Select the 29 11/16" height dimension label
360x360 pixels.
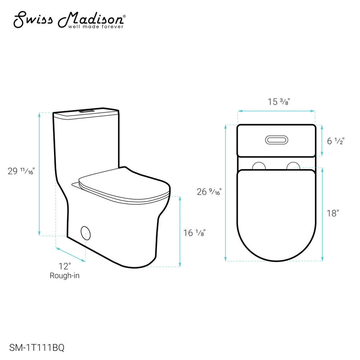(x=21, y=171)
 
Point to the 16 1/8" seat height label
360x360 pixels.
(x=194, y=233)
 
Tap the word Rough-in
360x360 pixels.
(x=64, y=276)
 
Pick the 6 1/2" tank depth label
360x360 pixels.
(x=335, y=141)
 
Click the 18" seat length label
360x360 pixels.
(x=333, y=213)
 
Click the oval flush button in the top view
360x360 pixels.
(x=276, y=140)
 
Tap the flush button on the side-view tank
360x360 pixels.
(x=86, y=110)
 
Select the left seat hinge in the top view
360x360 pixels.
(x=259, y=166)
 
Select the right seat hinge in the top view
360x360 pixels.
(x=293, y=166)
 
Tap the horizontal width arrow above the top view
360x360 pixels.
(x=276, y=110)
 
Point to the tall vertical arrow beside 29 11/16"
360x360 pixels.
(x=40, y=173)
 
